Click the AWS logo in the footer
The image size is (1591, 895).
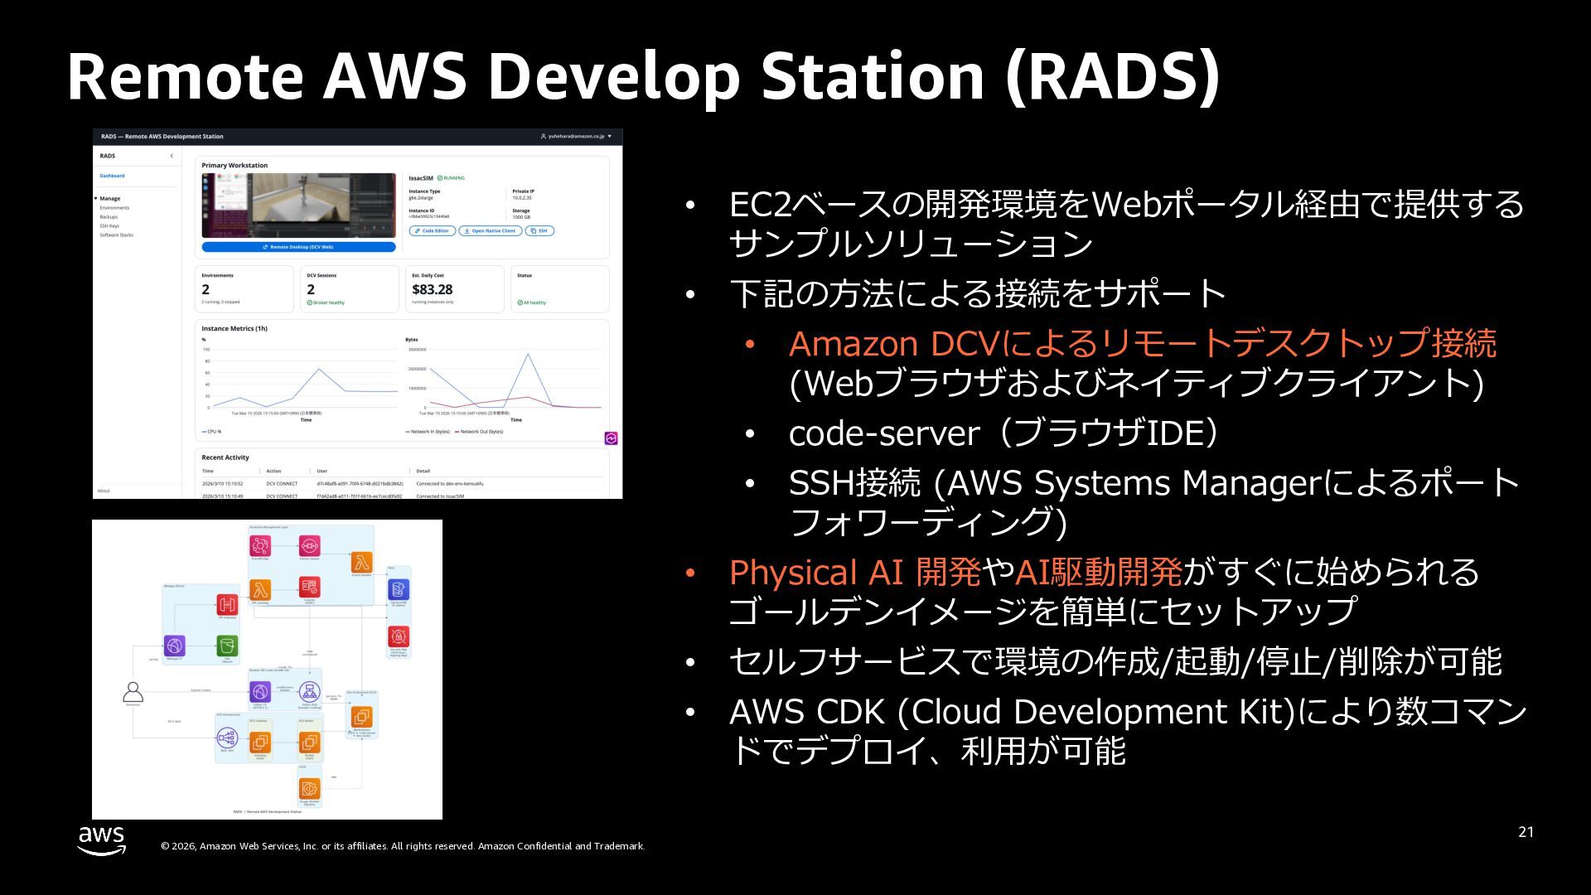pos(102,839)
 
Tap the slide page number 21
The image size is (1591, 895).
pos(1526,832)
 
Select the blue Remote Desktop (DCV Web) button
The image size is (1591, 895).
pos(298,247)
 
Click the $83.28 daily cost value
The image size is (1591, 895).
pos(432,289)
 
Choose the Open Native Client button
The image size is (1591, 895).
pos(490,231)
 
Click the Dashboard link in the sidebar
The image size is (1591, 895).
pos(112,176)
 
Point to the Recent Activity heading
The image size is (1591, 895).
pos(225,457)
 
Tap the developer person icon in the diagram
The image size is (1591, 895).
pos(133,691)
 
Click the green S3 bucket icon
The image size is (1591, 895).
pos(227,646)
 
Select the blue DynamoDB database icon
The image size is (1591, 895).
pos(399,589)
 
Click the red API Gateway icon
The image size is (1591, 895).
pos(227,604)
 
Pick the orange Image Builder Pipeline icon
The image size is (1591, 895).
pos(309,788)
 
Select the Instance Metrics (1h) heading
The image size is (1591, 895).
pos(235,329)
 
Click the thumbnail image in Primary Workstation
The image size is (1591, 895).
pos(298,206)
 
